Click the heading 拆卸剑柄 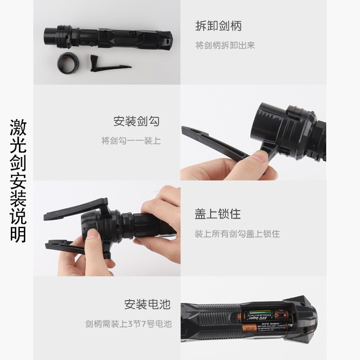[x=218, y=26]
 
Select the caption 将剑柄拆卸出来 [x=225, y=45]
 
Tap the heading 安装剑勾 [x=136, y=121]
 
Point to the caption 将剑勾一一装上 [x=130, y=141]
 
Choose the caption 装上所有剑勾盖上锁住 [x=237, y=234]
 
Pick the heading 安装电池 [x=148, y=305]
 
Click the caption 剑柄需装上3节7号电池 [x=129, y=324]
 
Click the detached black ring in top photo [x=68, y=63]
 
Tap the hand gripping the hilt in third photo [x=160, y=216]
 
